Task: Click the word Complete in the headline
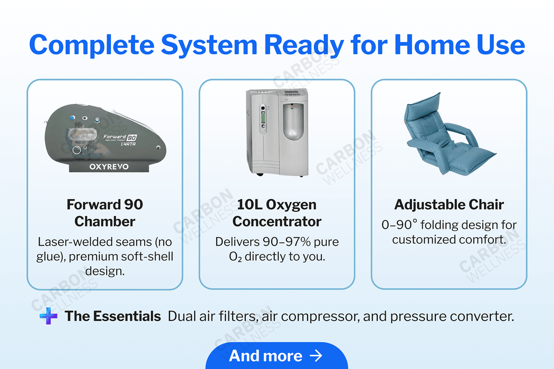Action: (90, 45)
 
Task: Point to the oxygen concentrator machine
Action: (276, 132)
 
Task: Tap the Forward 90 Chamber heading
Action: (104, 212)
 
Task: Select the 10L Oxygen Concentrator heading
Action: (276, 212)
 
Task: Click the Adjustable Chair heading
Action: (449, 205)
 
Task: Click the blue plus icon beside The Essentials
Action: (49, 316)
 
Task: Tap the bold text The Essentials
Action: (113, 316)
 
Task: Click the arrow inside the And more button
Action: (316, 356)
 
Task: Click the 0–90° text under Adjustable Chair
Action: (399, 225)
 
